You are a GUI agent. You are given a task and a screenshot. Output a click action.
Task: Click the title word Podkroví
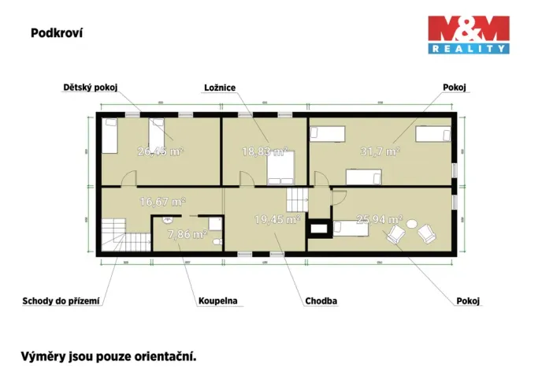(x=57, y=33)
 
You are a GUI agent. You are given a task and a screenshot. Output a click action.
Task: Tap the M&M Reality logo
(x=468, y=35)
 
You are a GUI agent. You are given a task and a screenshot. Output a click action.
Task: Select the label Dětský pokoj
(x=90, y=88)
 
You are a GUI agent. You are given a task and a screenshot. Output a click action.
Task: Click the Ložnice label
(x=219, y=88)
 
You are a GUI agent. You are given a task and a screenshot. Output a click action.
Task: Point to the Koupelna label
(x=218, y=300)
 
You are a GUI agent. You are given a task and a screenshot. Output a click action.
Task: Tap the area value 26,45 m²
(x=160, y=151)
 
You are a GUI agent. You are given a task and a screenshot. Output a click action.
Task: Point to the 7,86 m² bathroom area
(x=189, y=234)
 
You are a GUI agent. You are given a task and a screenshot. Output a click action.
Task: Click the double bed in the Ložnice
(x=280, y=166)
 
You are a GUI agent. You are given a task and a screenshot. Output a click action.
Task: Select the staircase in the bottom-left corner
(x=115, y=235)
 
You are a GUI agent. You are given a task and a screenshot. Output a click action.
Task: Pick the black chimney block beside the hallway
(x=320, y=230)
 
